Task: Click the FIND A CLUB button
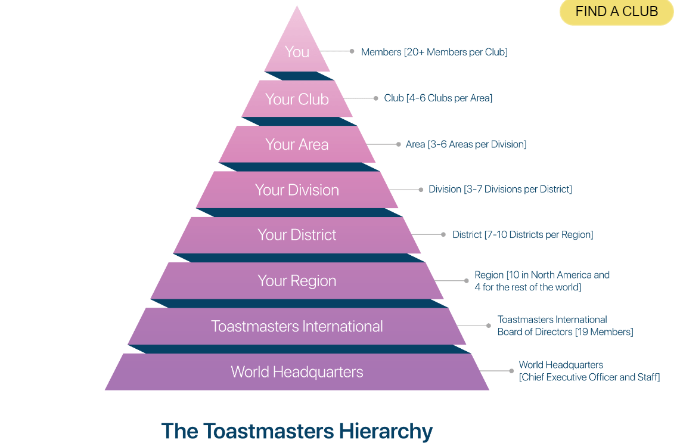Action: pyautogui.click(x=616, y=12)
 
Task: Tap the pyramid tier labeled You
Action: pyautogui.click(x=297, y=52)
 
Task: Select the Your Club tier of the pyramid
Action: pyautogui.click(x=297, y=99)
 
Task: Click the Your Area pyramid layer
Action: pyautogui.click(x=297, y=144)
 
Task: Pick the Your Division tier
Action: pyautogui.click(x=297, y=190)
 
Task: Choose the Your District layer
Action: pyautogui.click(x=297, y=235)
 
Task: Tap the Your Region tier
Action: pyautogui.click(x=297, y=281)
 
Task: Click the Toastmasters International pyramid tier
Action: pyautogui.click(x=297, y=326)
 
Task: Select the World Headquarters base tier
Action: pyautogui.click(x=297, y=372)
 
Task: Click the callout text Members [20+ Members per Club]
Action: pyautogui.click(x=434, y=52)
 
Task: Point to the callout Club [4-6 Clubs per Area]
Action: pyautogui.click(x=438, y=98)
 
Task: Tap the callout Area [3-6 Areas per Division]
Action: pyautogui.click(x=465, y=144)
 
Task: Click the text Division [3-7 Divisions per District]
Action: pyautogui.click(x=500, y=189)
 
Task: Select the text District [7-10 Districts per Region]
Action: pyautogui.click(x=523, y=234)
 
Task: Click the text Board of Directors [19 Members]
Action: pyautogui.click(x=565, y=332)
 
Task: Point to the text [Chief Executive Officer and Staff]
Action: pyautogui.click(x=589, y=377)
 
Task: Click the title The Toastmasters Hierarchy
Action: pyautogui.click(x=297, y=430)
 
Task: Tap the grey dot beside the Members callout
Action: pyautogui.click(x=352, y=51)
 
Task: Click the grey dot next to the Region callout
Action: pyautogui.click(x=467, y=280)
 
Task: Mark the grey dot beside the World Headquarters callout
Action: pyautogui.click(x=511, y=371)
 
